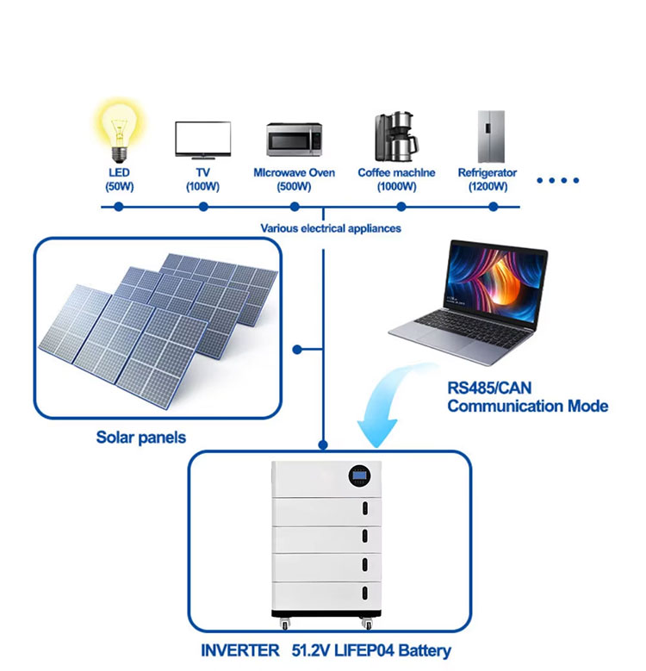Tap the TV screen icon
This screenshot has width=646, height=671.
[203, 138]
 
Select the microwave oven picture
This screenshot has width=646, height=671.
[294, 138]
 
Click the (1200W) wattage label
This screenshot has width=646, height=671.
[487, 186]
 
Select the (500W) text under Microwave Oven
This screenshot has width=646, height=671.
[294, 186]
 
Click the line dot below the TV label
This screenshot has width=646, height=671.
[203, 207]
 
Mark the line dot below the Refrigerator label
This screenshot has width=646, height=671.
[494, 207]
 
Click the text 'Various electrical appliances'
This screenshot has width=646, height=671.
[331, 229]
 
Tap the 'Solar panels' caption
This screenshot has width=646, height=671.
[140, 438]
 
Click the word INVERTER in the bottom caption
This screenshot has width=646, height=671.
[240, 651]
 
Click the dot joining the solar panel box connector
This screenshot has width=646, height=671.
[296, 350]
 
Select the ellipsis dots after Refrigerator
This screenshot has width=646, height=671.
[557, 181]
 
